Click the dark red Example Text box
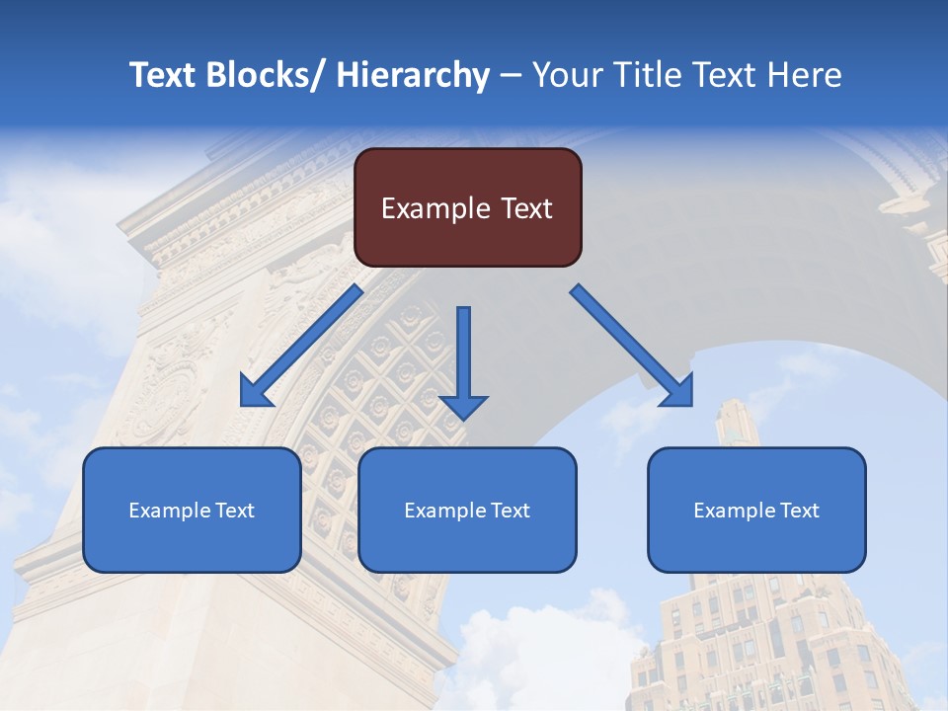pyautogui.click(x=467, y=207)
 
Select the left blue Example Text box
pyautogui.click(x=192, y=511)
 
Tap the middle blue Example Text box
pyautogui.click(x=467, y=511)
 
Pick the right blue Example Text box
pyautogui.click(x=756, y=511)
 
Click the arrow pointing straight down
pyautogui.click(x=464, y=360)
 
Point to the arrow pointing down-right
pyautogui.click(x=632, y=346)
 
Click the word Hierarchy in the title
pyautogui.click(x=413, y=75)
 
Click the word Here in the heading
pyautogui.click(x=801, y=75)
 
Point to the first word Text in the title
pyautogui.click(x=164, y=75)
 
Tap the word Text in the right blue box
pyautogui.click(x=800, y=511)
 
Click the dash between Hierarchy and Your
pyautogui.click(x=511, y=77)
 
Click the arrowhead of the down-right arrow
pyautogui.click(x=677, y=392)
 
